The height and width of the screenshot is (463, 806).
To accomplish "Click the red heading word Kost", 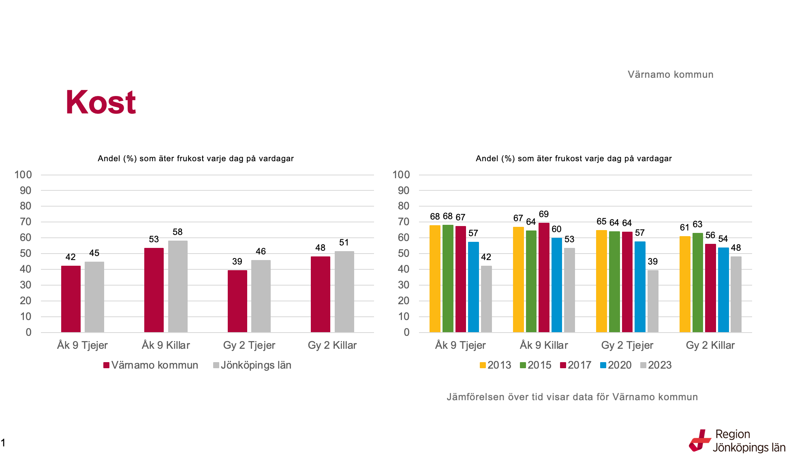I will (x=100, y=102).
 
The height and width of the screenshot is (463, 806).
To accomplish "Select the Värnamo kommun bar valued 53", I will (x=154, y=290).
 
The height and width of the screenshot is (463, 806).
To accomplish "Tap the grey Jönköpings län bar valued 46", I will (x=261, y=296).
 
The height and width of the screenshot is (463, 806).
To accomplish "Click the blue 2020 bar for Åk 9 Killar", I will (x=556, y=285).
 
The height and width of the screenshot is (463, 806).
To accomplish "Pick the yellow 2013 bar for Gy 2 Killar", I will (x=685, y=284).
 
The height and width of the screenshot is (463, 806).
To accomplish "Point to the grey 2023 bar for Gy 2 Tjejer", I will (x=653, y=301).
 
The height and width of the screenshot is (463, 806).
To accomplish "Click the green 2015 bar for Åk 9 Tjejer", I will (x=448, y=278).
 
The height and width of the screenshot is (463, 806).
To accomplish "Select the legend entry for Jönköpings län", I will (x=252, y=365).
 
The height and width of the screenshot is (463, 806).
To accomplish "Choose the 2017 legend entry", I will (x=575, y=365).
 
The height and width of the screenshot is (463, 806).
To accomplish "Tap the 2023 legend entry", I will (x=656, y=365).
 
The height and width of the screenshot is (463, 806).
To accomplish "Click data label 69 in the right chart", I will (x=544, y=214).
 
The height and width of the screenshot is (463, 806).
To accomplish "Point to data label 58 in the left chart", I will (x=177, y=232).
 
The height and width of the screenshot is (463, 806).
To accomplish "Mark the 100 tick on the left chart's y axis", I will (x=23, y=175).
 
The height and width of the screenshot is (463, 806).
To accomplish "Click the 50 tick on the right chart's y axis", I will (x=404, y=253).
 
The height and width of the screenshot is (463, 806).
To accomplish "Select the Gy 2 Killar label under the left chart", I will (x=332, y=345).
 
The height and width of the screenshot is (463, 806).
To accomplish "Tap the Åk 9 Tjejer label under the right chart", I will (x=460, y=345).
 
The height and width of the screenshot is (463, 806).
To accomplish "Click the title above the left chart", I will (x=196, y=158).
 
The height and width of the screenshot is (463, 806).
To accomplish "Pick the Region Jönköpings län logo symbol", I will (x=700, y=441).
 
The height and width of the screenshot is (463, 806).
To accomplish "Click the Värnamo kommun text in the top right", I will (x=671, y=75).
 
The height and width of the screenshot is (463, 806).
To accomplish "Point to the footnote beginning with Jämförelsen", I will (x=572, y=397).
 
